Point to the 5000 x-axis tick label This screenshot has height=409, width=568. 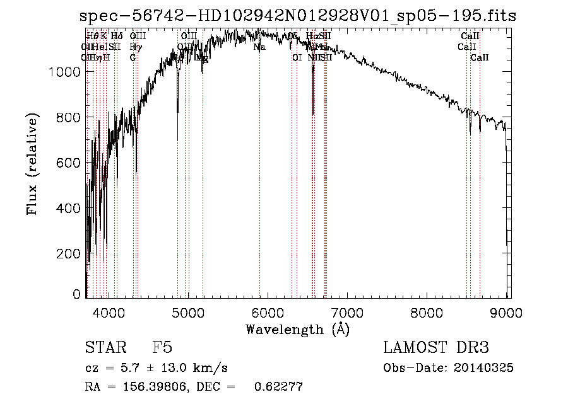click(188, 313)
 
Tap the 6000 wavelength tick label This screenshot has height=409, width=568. click(268, 313)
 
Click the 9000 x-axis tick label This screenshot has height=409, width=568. click(499, 313)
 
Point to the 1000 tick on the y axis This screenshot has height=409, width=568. click(64, 72)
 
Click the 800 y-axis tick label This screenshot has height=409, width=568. click(69, 118)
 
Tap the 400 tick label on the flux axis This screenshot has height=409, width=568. click(69, 208)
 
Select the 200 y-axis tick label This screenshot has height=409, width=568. click(69, 253)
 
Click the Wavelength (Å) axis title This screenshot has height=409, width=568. click(297, 329)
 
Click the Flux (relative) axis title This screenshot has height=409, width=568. click(33, 164)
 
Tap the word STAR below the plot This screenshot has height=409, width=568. click(105, 348)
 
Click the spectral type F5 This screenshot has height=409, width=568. click(162, 348)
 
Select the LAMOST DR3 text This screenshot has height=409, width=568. click(436, 348)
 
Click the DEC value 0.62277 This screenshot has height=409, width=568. click(278, 387)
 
